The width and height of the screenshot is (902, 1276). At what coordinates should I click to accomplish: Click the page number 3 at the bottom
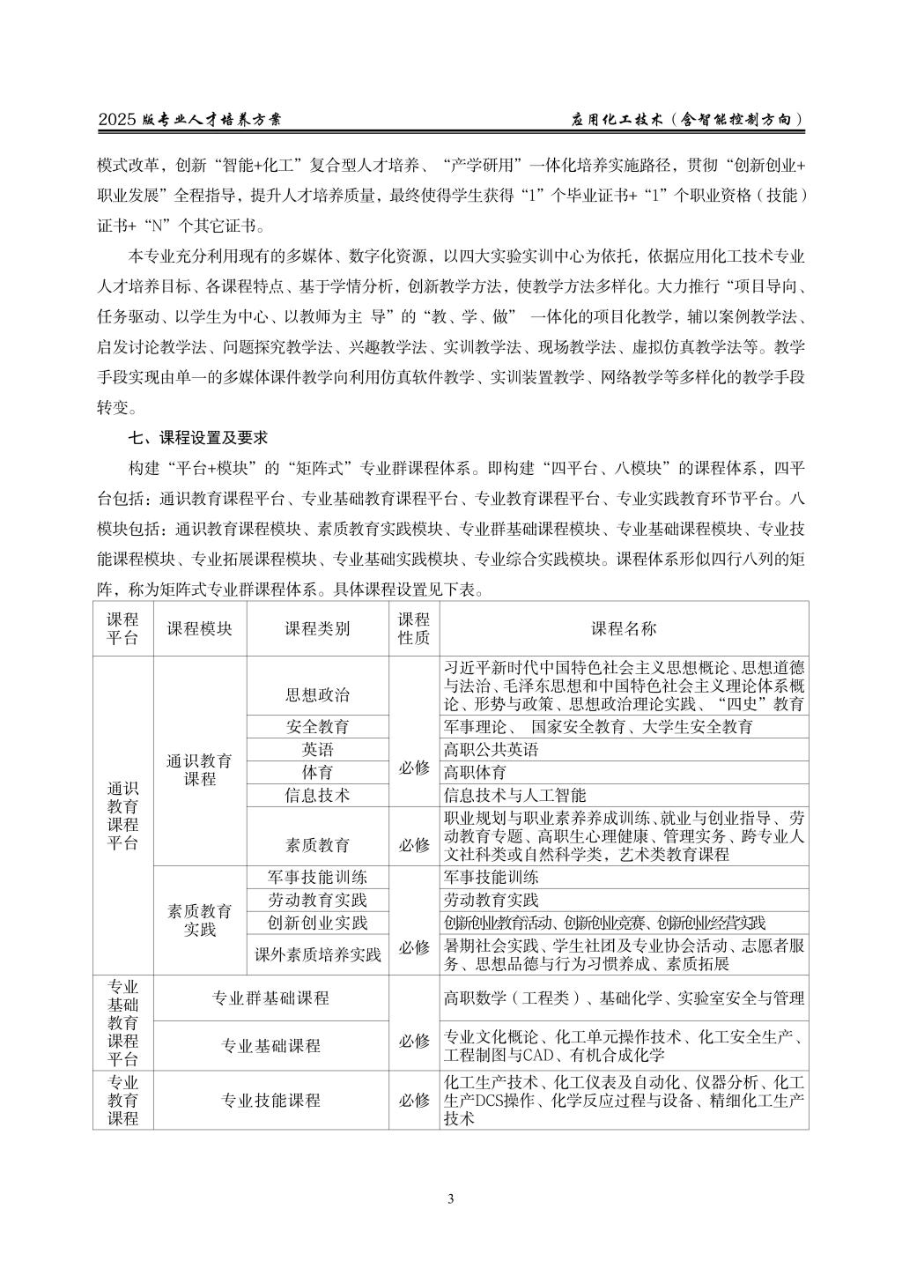pos(451,1198)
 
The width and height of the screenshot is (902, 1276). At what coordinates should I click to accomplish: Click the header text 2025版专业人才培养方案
pos(190,120)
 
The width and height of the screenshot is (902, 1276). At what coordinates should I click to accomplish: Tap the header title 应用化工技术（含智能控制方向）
pos(688,120)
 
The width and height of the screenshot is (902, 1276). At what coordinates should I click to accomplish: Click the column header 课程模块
pos(200,628)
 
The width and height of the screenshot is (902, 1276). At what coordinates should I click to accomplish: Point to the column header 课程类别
pos(317,628)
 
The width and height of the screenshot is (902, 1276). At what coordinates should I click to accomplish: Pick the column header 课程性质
pos(414,628)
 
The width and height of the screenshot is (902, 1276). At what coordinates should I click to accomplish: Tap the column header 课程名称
pos(624,628)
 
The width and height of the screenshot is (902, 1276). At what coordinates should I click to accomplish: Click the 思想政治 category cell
pos(317,694)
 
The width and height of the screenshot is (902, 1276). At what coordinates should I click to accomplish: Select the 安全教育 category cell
pos(317,727)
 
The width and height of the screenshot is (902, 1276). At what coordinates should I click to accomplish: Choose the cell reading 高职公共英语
pos(491,750)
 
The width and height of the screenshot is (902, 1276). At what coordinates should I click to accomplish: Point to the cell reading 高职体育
pos(475,773)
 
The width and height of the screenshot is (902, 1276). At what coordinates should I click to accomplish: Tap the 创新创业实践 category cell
pos(317,923)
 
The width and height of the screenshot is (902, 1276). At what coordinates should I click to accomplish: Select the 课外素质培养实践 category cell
pos(317,954)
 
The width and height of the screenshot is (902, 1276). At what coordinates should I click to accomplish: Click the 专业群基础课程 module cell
pos(270,998)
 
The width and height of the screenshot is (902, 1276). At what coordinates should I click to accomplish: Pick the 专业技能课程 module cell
pos(270,1100)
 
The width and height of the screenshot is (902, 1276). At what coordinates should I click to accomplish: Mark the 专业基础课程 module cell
pos(270,1046)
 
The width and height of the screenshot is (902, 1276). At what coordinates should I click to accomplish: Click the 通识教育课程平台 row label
pos(122,815)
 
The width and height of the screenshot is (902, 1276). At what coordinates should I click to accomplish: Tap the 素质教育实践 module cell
pos(200,920)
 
